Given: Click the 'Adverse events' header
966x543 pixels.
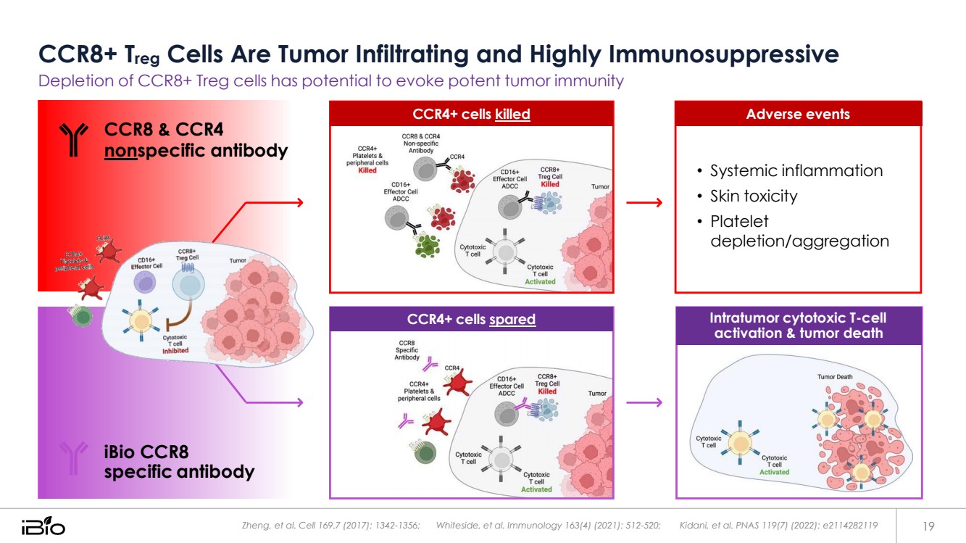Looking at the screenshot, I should click(x=798, y=114).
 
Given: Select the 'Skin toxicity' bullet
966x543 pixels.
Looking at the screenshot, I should click(x=754, y=196).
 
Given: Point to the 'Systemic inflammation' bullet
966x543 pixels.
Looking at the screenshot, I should click(x=796, y=170).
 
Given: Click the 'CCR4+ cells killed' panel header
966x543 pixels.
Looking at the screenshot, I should click(x=471, y=114).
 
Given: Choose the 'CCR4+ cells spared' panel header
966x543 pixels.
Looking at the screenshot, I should click(x=471, y=319).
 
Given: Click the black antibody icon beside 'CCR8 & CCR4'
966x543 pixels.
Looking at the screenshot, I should click(x=73, y=140).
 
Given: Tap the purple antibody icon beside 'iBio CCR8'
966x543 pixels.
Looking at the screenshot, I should click(x=73, y=458).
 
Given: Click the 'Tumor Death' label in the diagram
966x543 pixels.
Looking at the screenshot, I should click(x=835, y=377).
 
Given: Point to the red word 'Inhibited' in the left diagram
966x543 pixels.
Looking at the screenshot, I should click(x=175, y=351).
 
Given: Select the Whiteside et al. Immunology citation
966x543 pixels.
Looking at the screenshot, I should click(x=548, y=525).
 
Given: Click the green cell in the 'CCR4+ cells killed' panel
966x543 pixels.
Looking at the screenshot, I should click(x=428, y=245).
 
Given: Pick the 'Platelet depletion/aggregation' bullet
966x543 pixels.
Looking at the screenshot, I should click(x=799, y=231).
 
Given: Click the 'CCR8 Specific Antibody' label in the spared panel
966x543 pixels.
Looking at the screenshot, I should click(x=407, y=349).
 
